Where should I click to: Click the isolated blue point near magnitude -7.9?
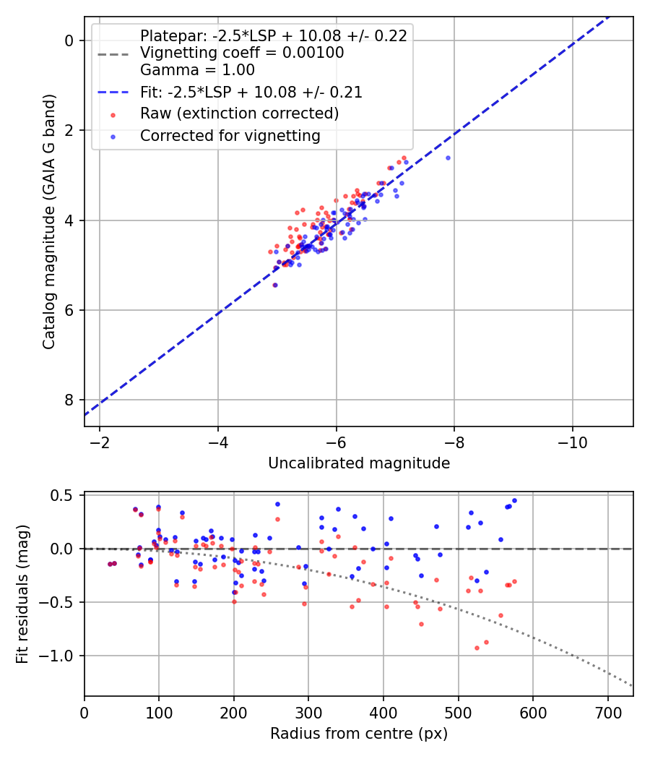[x=448, y=158]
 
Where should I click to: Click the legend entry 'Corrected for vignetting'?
[x=230, y=135]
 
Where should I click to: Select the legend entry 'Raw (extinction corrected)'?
[x=239, y=113]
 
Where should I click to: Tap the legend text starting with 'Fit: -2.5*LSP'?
[x=251, y=93]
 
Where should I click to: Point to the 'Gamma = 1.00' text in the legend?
[x=197, y=70]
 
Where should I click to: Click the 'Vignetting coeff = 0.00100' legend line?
[x=242, y=53]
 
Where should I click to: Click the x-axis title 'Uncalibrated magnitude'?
[x=359, y=463]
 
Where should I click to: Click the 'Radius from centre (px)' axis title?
[x=359, y=734]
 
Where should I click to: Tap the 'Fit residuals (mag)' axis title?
[x=22, y=594]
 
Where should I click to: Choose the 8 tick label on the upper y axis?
[x=69, y=400]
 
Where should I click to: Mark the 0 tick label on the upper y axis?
[x=69, y=40]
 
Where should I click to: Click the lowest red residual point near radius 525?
[x=477, y=648]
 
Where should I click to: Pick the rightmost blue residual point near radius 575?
[x=514, y=500]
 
